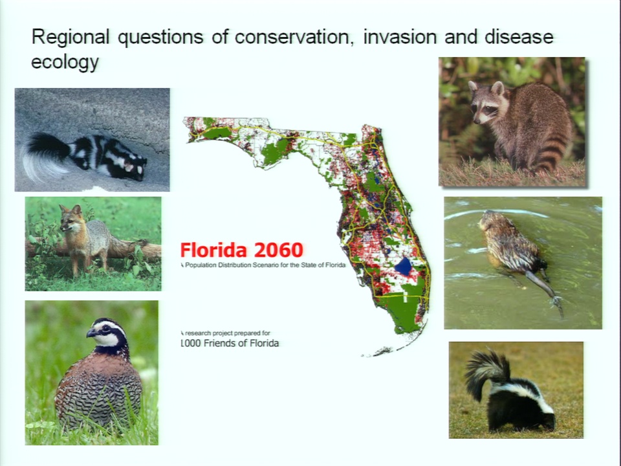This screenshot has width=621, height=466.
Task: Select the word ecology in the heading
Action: (x=65, y=63)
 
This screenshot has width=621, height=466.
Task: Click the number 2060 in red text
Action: (x=279, y=250)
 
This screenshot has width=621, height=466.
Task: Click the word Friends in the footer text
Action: (x=219, y=343)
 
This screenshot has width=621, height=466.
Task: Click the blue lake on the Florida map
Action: (x=404, y=267)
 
